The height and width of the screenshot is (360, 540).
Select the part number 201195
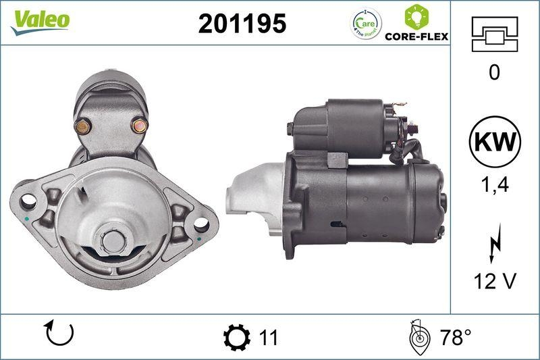pyautogui.click(x=242, y=24)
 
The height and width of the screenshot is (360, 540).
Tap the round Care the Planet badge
pyautogui.click(x=365, y=24)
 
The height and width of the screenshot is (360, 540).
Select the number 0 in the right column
pyautogui.click(x=495, y=72)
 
